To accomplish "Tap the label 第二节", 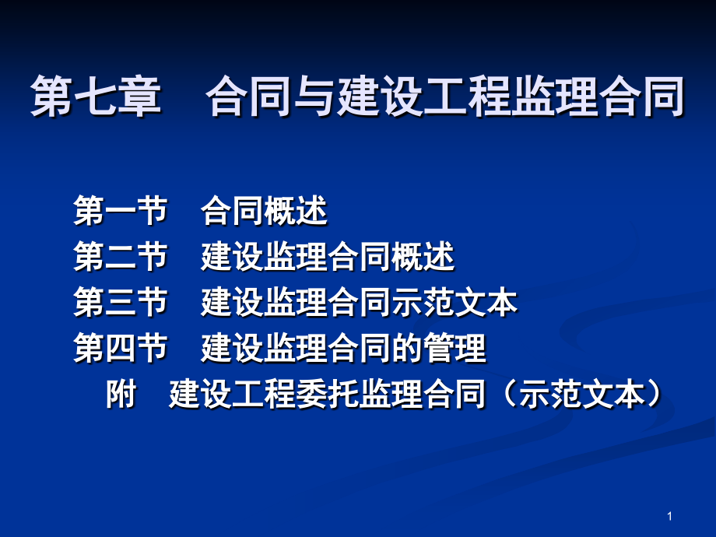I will click(121, 258).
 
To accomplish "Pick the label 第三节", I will click(121, 304).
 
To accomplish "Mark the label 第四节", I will click(121, 349).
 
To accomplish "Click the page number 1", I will click(669, 516).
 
